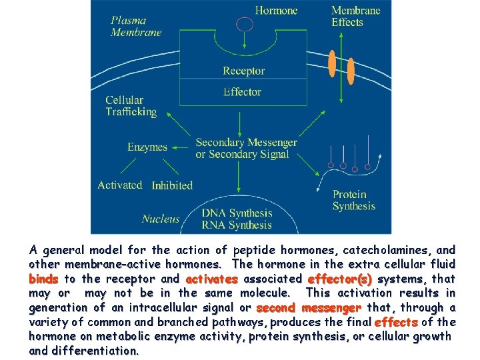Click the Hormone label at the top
(277, 11)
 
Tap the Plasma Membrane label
(137, 26)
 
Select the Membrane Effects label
(356, 16)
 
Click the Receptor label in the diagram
(243, 71)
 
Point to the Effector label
(242, 91)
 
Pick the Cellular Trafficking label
(131, 106)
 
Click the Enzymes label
(147, 147)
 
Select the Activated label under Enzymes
(119, 185)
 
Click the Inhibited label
(172, 185)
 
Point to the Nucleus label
(161, 218)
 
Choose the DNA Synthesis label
(237, 213)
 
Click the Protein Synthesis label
(354, 200)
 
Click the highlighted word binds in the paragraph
(43, 279)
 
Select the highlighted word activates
(211, 279)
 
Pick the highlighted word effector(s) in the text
(339, 279)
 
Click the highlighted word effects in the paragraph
(396, 322)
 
